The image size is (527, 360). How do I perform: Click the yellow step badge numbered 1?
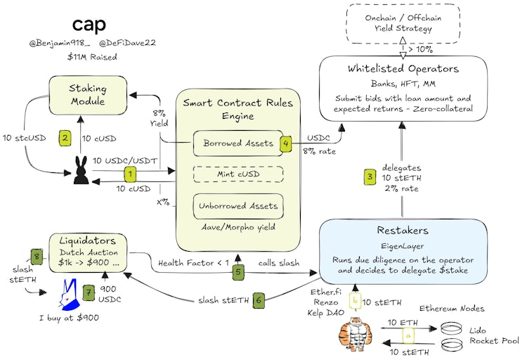coord(130,174)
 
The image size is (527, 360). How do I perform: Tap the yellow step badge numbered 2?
coord(65,138)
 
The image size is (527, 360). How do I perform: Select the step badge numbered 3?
coord(370,176)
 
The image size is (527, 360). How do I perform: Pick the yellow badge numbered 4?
coord(286,143)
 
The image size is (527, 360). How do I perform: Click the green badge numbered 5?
coord(238,272)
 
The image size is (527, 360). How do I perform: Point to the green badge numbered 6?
coord(259,300)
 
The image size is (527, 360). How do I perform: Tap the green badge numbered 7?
coord(89,292)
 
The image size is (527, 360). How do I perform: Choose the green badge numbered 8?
coord(37,257)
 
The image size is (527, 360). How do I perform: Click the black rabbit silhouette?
coord(82,170)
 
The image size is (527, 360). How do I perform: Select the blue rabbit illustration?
coord(70,295)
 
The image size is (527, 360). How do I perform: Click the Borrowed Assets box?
coord(238,143)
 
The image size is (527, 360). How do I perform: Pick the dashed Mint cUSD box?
coord(238,174)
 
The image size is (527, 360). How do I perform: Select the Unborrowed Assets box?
coord(238,206)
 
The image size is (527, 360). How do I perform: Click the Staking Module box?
coord(88,95)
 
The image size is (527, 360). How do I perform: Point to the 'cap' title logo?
coord(89,24)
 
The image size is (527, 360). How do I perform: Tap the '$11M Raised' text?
coord(92,57)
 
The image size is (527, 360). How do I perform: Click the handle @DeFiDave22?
coord(127,43)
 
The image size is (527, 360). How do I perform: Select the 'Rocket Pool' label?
coord(494,341)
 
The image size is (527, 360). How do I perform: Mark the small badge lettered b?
coord(355,301)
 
